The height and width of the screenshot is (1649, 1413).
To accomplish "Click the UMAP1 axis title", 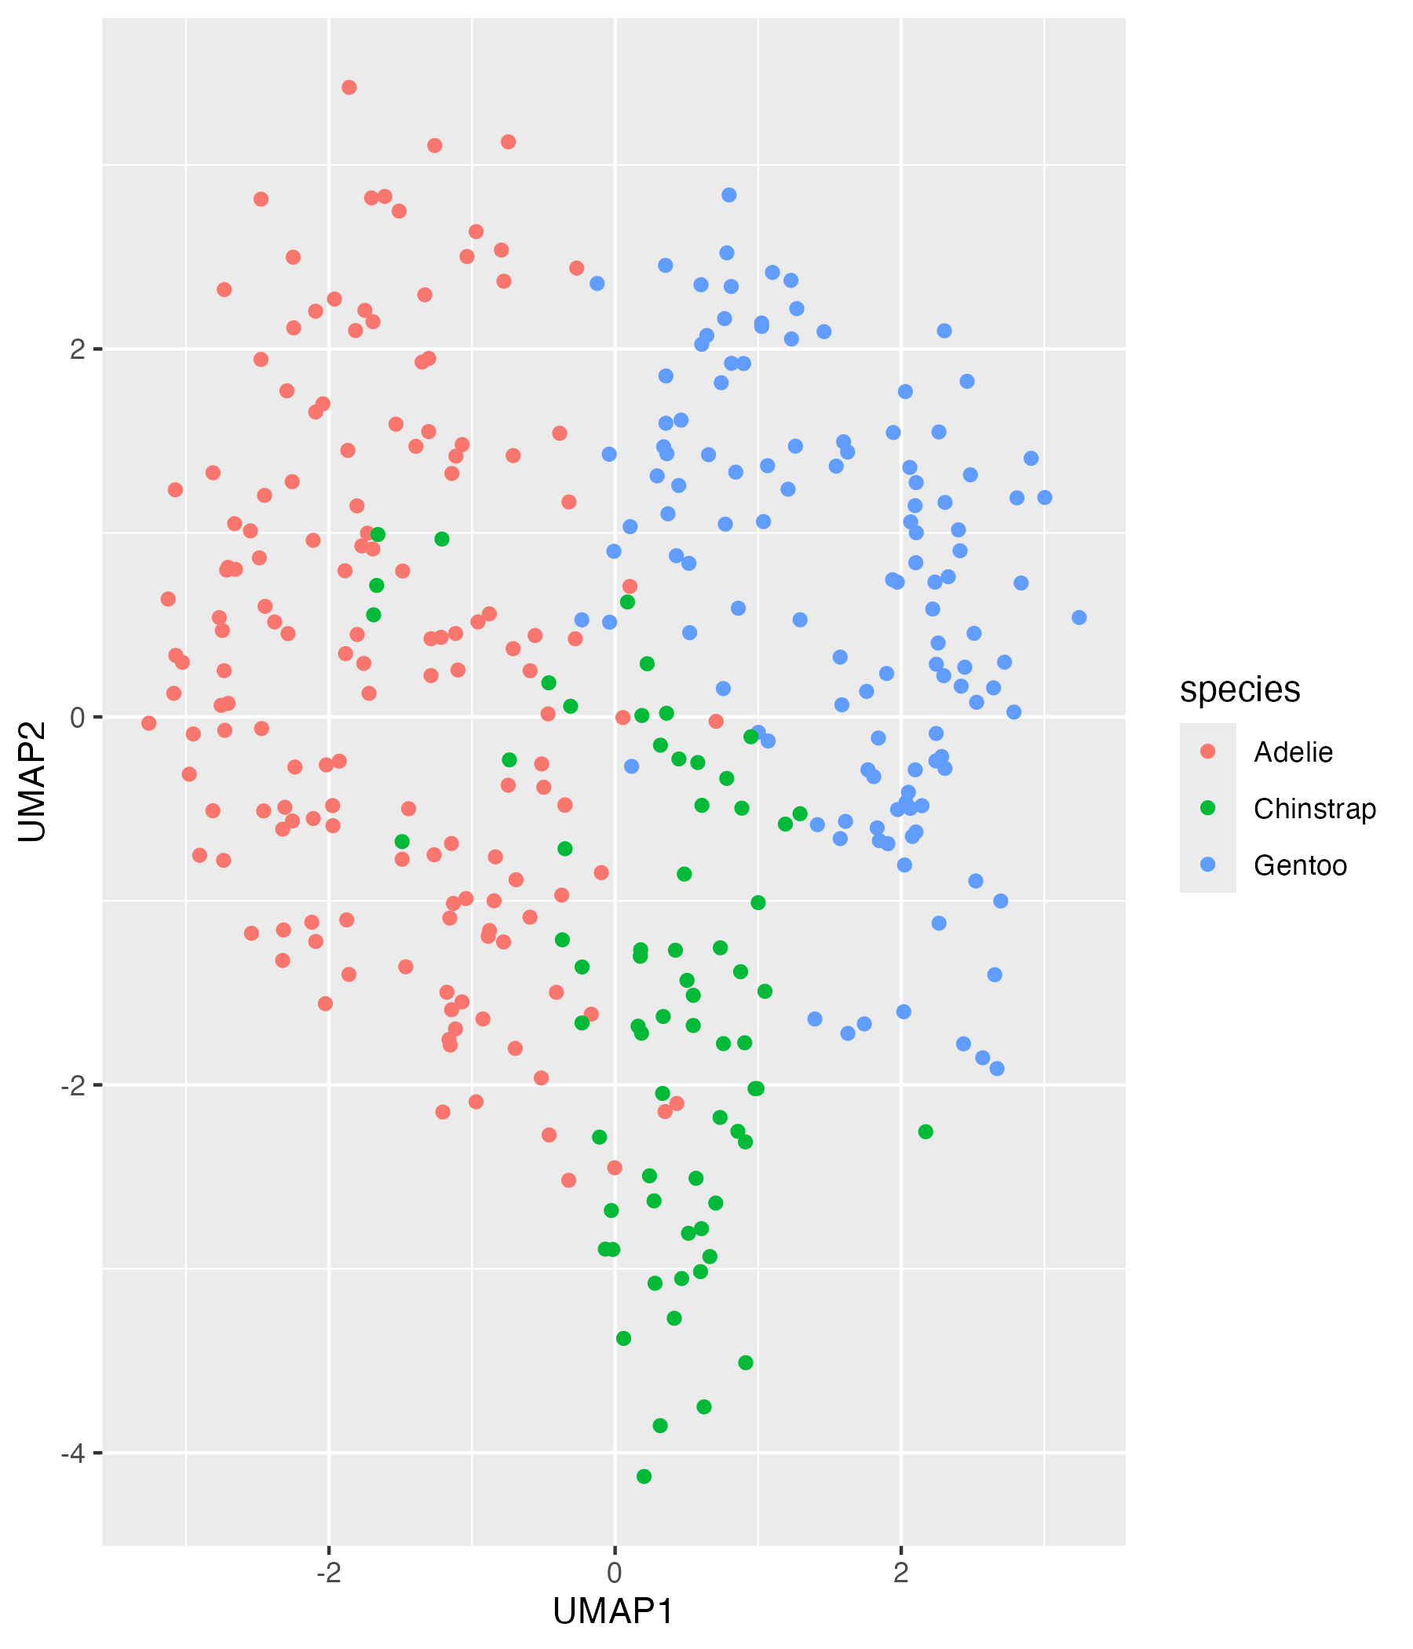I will click(613, 1611).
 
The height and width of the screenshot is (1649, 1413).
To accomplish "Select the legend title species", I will click(1240, 689).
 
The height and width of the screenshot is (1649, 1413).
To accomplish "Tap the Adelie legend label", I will click(1293, 752).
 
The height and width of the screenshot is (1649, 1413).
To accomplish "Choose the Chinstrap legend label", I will click(1314, 809).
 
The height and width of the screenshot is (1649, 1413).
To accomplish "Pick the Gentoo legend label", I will click(1300, 865).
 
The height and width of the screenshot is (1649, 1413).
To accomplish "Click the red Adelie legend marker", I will click(1208, 751).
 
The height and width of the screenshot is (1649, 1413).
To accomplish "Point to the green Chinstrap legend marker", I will click(1208, 808).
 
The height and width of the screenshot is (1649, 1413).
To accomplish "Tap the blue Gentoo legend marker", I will click(1208, 865).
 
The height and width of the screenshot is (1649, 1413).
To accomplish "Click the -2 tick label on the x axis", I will click(328, 1574).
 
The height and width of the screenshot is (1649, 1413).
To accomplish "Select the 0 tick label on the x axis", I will click(614, 1574).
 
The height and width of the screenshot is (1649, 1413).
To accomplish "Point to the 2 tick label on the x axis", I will click(900, 1574).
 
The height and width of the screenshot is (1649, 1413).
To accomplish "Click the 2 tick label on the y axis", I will click(76, 349).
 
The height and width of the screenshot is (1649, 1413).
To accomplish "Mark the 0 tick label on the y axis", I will click(76, 717).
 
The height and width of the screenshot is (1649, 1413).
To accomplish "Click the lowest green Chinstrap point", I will click(644, 1476).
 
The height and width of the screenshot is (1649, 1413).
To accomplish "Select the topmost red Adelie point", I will click(349, 87).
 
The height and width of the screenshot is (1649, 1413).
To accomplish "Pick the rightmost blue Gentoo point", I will click(1079, 617).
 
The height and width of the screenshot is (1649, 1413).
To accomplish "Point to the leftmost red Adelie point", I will click(149, 722).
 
